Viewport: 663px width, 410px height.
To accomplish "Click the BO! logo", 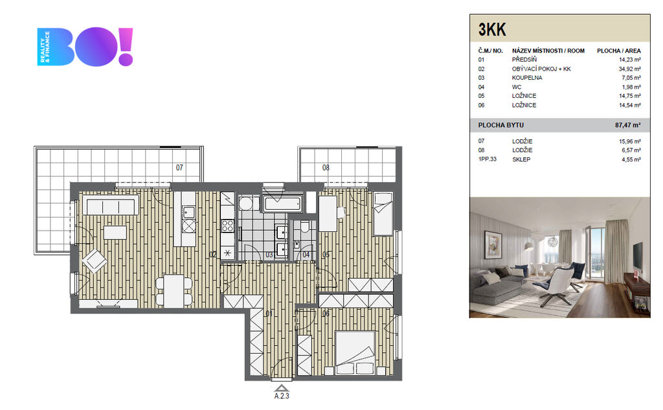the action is click(x=85, y=47).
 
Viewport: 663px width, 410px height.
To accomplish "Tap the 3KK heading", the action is click(x=492, y=30).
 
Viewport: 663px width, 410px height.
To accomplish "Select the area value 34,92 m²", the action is click(x=629, y=69).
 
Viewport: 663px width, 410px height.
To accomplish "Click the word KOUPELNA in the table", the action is click(x=527, y=78).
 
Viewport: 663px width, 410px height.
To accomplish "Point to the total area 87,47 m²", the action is click(x=627, y=125).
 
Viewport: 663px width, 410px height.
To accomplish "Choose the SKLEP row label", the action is click(x=521, y=159).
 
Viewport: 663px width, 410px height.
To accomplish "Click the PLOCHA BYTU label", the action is click(x=500, y=125).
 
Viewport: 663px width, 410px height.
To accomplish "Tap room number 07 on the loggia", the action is click(x=180, y=168).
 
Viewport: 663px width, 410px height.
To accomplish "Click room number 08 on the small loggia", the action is click(x=326, y=168).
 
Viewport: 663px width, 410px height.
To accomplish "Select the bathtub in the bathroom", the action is click(x=283, y=203).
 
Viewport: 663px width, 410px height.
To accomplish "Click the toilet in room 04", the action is click(x=305, y=227).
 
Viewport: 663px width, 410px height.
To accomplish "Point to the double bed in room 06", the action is click(x=355, y=352).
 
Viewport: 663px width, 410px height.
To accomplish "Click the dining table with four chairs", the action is click(x=174, y=291).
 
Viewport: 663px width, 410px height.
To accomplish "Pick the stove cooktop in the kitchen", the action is click(x=227, y=225).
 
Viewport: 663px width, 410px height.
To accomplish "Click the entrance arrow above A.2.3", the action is click(x=281, y=388).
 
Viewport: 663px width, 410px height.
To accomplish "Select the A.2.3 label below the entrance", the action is click(x=282, y=396).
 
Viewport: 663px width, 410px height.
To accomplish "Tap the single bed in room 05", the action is click(x=383, y=213).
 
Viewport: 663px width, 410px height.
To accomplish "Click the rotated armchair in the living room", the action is click(x=95, y=260).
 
